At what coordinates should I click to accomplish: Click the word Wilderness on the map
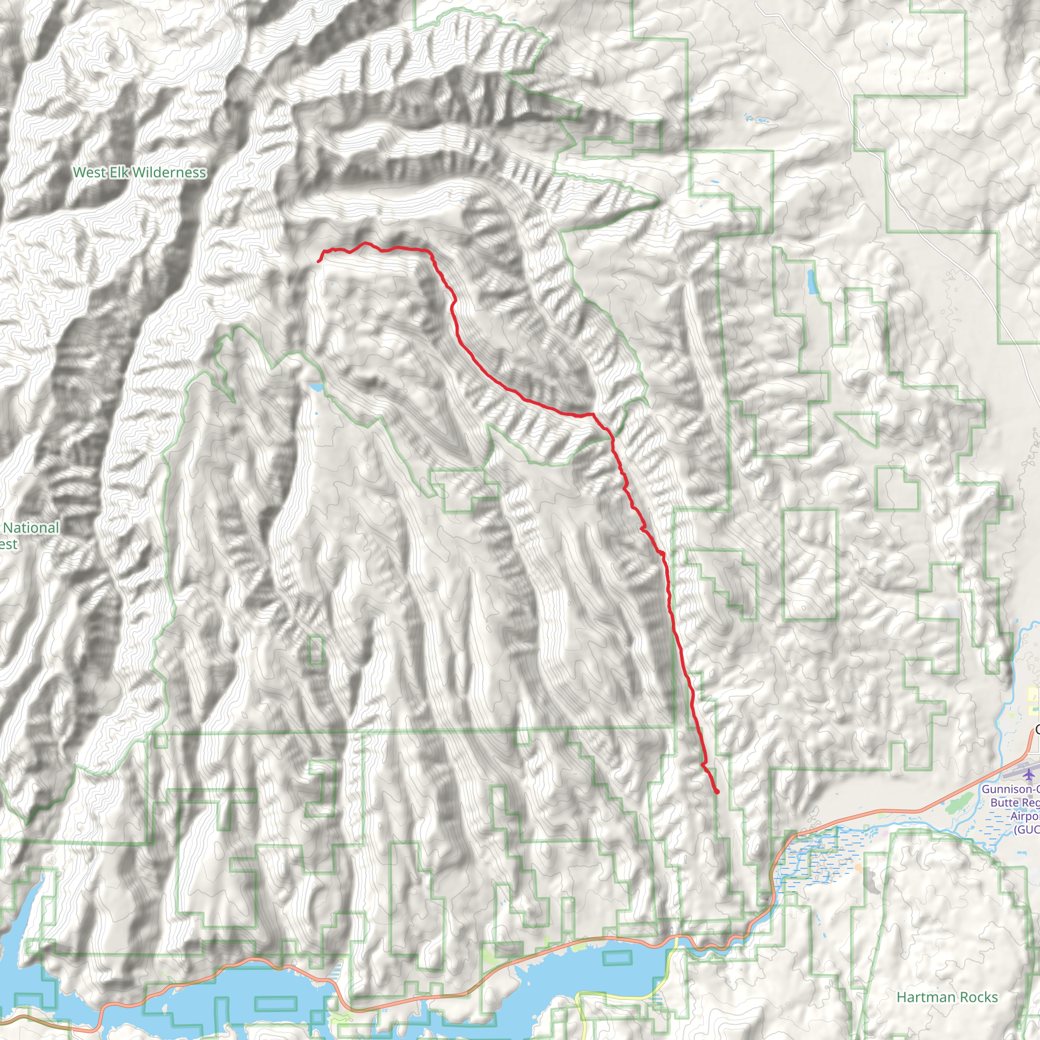click(169, 173)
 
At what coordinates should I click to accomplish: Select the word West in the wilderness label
click(89, 173)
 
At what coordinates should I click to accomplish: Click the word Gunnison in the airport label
click(1006, 789)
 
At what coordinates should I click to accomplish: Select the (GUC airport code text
click(1026, 830)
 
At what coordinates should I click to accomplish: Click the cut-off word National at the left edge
click(31, 528)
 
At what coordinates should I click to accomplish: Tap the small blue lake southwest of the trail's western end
click(315, 387)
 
